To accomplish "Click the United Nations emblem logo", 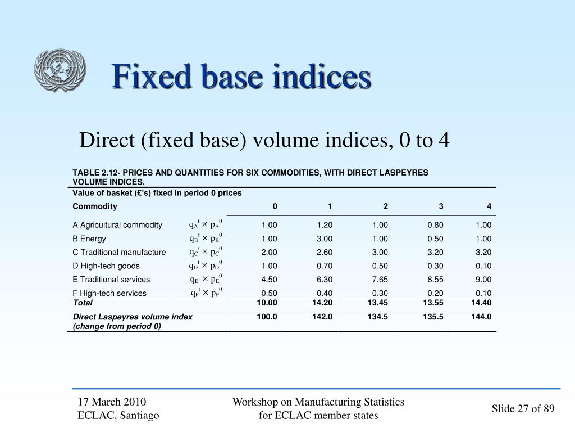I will (60, 70).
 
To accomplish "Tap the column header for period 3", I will (441, 206).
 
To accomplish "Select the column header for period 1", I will (330, 206).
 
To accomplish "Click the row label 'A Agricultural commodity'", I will (117, 225).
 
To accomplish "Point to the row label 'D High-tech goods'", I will (106, 266).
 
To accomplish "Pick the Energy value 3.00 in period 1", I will (325, 238).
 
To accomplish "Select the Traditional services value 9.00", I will (483, 280).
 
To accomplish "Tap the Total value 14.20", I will (322, 303).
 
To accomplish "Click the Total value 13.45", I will (377, 303).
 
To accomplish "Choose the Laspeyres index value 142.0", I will (322, 317).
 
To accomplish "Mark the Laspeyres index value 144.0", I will (481, 317).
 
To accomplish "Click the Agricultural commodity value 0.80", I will (435, 225).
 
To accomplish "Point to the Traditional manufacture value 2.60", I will (325, 252).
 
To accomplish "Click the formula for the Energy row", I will (206, 238).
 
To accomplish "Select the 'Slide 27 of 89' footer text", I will (523, 408).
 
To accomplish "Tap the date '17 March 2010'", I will (112, 402).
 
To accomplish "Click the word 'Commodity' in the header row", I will (95, 206).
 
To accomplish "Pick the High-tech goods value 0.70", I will (325, 266).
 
